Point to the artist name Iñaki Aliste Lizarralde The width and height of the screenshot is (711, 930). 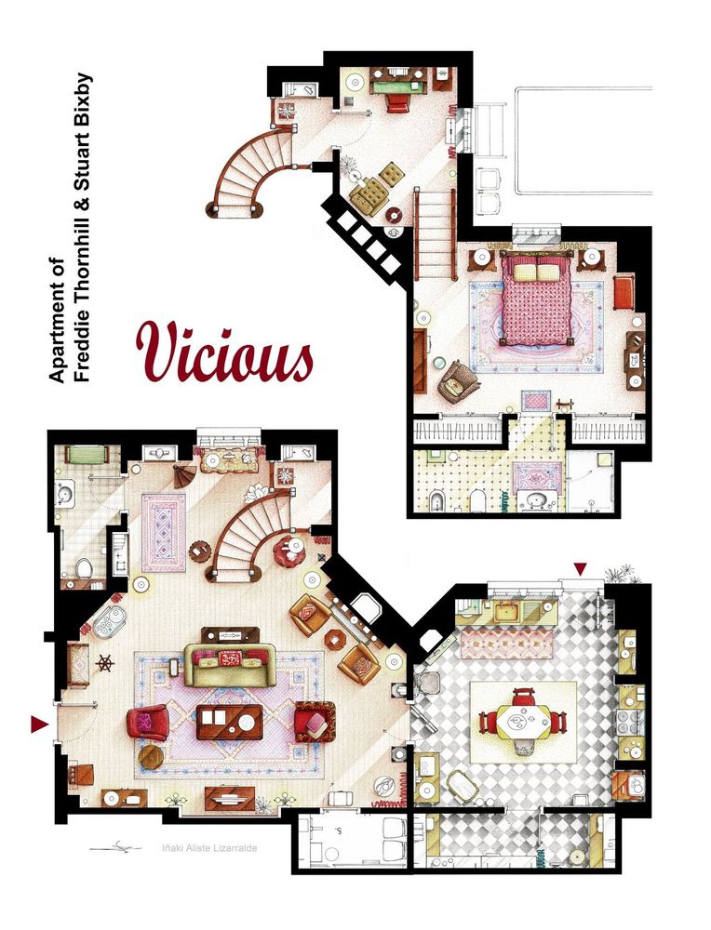click(209, 848)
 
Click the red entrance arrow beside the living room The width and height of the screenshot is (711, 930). click(39, 724)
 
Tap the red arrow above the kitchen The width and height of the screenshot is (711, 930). click(580, 569)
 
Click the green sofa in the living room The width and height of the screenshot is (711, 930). click(230, 664)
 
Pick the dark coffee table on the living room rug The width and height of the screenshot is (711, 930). click(229, 722)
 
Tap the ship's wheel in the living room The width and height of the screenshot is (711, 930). click(105, 664)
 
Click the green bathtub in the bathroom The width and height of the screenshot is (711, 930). click(85, 455)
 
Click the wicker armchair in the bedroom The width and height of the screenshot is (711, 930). click(458, 383)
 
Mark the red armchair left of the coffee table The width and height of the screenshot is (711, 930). click(147, 722)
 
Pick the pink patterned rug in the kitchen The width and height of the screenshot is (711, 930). click(506, 644)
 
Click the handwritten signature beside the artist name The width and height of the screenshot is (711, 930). click(116, 848)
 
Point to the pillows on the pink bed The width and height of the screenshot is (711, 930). click(537, 272)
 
